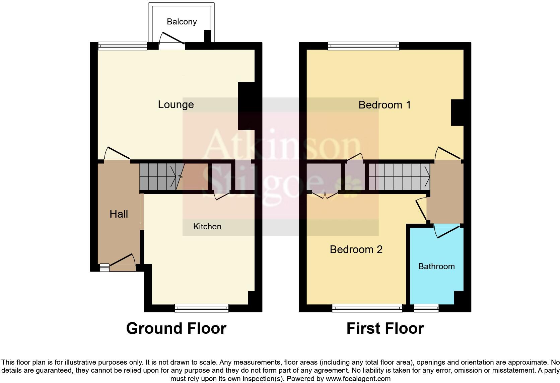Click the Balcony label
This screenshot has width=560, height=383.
(x=182, y=22)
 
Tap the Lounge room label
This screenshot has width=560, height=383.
(x=176, y=104)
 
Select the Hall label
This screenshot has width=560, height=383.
(x=119, y=214)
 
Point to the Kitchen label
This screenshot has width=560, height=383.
(x=207, y=227)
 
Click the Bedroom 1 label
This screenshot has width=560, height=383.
(x=384, y=105)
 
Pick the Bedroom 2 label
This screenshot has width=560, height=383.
(x=356, y=249)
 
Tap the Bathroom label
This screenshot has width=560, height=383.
(x=436, y=266)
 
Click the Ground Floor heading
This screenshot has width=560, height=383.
(x=176, y=328)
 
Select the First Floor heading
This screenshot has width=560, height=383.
(x=385, y=328)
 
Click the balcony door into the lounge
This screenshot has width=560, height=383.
(x=172, y=42)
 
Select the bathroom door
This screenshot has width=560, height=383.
(x=447, y=231)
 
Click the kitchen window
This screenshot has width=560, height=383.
(x=201, y=308)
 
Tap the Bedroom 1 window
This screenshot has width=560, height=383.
(x=363, y=46)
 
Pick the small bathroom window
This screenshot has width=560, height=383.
(x=426, y=308)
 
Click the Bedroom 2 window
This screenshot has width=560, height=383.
(x=367, y=308)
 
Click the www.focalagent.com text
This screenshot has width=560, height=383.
(x=358, y=379)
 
